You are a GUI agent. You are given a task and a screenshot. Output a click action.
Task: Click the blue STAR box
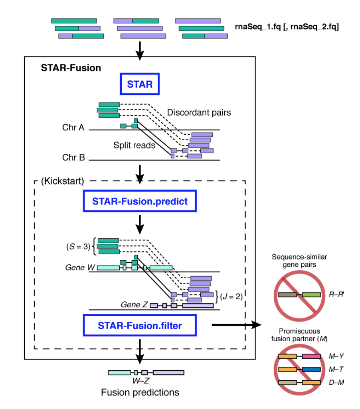[140, 84]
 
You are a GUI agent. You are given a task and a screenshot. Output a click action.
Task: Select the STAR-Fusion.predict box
[140, 201]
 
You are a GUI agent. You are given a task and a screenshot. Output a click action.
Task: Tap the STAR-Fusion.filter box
[140, 326]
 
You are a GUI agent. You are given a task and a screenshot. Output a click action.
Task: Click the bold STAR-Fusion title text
[71, 68]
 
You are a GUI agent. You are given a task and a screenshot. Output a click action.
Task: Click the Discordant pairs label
[199, 112]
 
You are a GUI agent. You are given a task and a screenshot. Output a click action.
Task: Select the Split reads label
[135, 146]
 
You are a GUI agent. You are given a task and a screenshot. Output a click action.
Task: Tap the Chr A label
[73, 128]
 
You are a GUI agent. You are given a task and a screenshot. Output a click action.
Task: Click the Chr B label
[73, 157]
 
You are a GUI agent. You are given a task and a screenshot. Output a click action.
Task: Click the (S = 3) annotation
[78, 246]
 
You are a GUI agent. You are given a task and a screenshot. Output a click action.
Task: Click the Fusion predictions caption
[140, 392]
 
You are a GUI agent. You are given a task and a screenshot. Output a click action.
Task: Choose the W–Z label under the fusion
[140, 380]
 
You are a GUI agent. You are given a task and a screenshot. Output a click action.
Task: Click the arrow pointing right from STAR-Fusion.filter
[235, 325]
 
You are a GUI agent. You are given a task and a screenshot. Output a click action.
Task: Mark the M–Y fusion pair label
[333, 356]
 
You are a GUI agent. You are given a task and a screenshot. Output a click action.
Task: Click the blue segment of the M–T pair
[311, 370]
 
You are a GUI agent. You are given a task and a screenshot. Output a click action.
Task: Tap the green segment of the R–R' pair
[311, 295]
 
